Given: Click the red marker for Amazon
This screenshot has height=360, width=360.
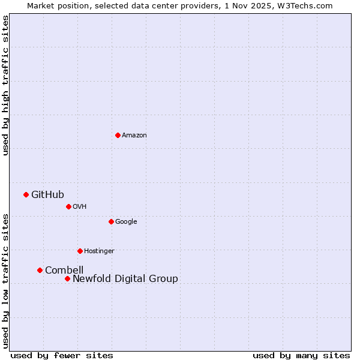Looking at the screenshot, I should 118,135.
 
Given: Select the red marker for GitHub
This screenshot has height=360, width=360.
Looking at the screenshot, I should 26,194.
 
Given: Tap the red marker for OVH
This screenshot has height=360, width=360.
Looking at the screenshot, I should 68,206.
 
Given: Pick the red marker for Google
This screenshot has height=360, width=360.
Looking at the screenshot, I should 111,221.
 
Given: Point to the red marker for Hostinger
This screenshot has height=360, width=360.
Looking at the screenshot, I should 80,251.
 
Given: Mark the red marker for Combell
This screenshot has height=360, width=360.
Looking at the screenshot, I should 40,270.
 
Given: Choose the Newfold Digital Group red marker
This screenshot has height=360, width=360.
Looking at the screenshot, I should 67,278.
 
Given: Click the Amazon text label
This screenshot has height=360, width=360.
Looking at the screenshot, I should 134,136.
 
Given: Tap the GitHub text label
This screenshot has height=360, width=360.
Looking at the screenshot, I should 47,194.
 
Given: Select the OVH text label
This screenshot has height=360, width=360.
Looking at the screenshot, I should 80,207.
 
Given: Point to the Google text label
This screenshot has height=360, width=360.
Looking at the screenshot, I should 126,222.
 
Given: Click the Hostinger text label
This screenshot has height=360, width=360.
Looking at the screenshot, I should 99,251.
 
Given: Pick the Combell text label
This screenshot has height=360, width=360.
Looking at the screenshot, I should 64,270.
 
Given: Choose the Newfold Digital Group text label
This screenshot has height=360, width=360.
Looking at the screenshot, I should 125,278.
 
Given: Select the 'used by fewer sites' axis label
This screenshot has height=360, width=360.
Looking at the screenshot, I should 62,355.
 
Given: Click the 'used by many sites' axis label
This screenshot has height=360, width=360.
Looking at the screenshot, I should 301,355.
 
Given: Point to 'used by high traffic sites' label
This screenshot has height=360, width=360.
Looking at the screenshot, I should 6,86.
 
